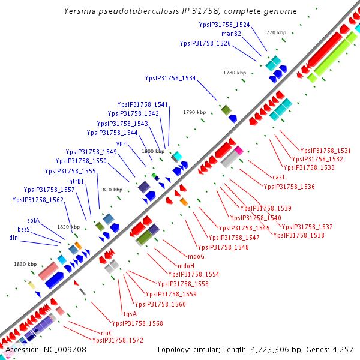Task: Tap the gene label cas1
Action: [x=278, y=177]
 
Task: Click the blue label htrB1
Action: [x=76, y=181]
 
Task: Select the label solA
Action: [x=33, y=220]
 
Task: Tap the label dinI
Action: [x=15, y=238]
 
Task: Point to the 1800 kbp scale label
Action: [x=153, y=152]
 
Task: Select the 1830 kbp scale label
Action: [x=26, y=264]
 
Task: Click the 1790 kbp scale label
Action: [x=194, y=112]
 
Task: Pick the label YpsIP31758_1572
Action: [x=118, y=340]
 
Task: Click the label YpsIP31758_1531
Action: [x=326, y=151]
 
